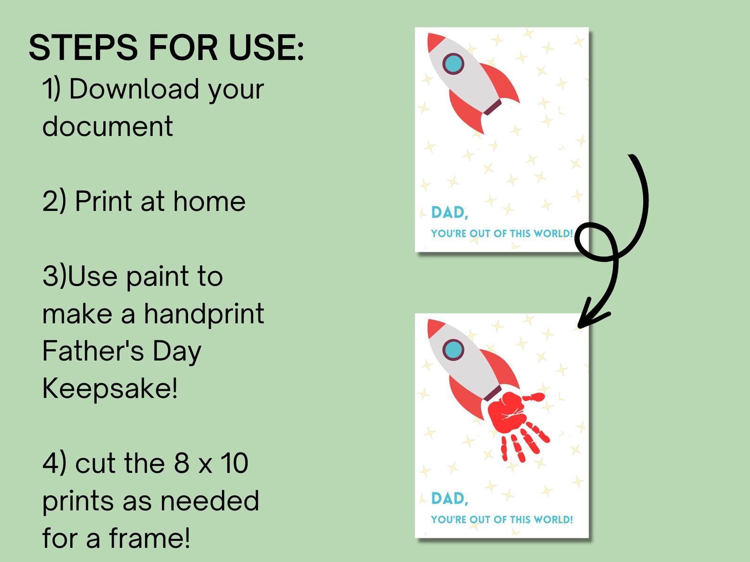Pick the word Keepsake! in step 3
click(110, 388)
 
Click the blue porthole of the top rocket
click(453, 64)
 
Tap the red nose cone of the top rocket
click(434, 41)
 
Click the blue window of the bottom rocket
click(453, 350)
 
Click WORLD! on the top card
click(553, 234)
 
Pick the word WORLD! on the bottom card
click(553, 520)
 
